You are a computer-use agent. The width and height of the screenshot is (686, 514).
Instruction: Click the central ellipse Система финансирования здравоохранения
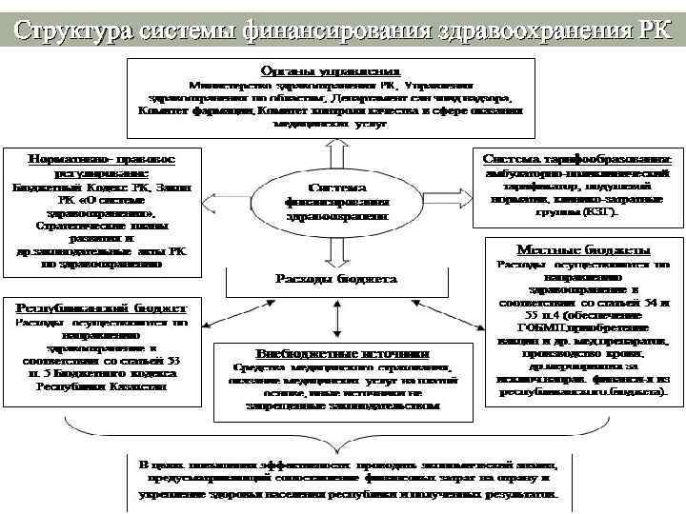(336, 201)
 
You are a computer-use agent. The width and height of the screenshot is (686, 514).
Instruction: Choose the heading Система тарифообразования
(577, 158)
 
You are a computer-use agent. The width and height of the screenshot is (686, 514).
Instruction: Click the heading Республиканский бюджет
(101, 308)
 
